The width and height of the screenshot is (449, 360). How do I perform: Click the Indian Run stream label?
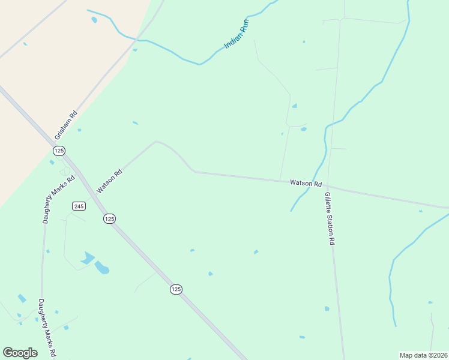237,34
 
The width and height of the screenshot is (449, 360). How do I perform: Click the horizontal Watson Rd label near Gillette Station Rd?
306,183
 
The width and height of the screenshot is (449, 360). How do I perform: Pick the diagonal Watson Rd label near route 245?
109,180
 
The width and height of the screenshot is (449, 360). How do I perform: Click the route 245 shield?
79,206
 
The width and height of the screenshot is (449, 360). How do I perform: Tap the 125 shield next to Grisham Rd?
59,150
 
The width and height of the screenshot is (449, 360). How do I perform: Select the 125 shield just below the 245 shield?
109,219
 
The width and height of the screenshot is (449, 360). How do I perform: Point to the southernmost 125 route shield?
175,289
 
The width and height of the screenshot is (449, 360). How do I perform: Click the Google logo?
20,352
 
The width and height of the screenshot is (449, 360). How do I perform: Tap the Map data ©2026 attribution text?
423,355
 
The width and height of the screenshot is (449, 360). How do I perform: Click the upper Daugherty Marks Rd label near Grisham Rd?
58,199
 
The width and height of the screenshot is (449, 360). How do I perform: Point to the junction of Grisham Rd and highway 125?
52,143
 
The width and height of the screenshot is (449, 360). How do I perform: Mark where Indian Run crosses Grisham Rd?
138,40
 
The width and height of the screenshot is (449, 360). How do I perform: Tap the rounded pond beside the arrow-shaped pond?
102,268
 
